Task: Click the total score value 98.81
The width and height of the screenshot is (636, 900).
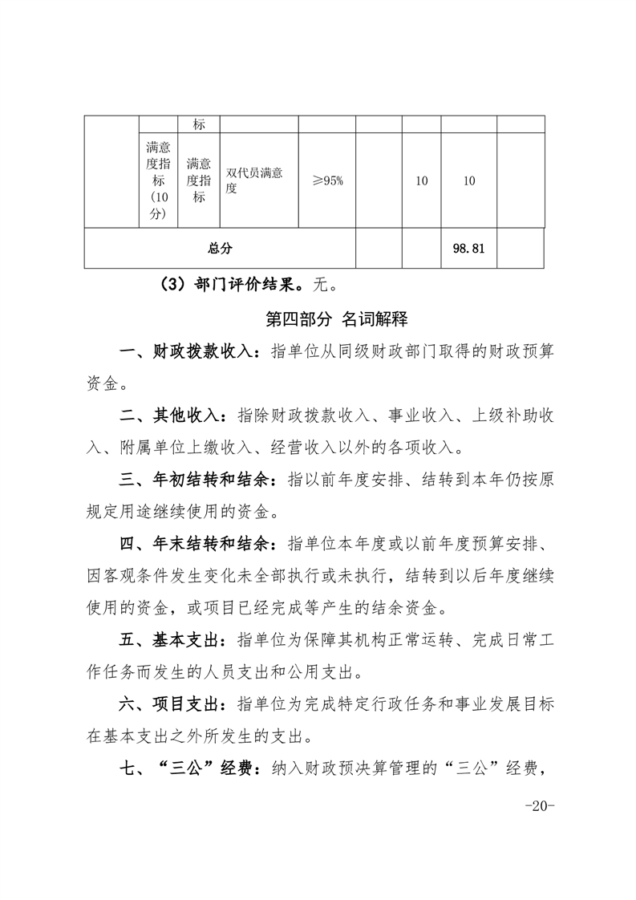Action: [x=469, y=249]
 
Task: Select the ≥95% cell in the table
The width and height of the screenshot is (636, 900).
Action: [x=327, y=180]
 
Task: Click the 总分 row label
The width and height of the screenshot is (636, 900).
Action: [x=220, y=249]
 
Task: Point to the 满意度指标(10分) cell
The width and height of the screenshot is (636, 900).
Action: [x=158, y=180]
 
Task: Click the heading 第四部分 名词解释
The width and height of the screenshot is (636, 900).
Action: [x=337, y=319]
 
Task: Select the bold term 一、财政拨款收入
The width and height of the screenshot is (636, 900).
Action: [x=188, y=351]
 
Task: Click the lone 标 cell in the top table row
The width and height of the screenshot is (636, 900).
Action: [x=199, y=125]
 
